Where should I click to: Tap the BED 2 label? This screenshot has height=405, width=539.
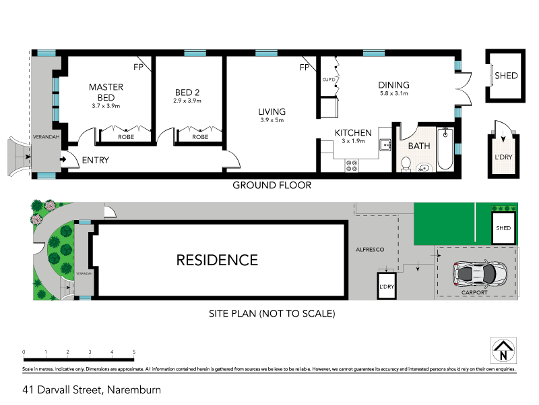(187, 92)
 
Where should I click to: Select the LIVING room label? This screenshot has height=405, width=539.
(272, 112)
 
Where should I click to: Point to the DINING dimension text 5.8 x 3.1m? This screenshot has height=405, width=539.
(394, 93)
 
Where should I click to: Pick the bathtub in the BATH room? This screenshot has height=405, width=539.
(445, 149)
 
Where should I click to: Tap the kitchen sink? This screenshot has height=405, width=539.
(385, 144)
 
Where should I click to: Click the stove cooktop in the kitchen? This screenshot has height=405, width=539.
(352, 165)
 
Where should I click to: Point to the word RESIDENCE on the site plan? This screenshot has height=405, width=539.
(217, 260)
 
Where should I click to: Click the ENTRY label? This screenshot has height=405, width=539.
(95, 161)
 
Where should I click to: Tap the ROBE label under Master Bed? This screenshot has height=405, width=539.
(125, 136)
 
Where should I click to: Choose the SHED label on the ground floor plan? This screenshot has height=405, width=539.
(506, 76)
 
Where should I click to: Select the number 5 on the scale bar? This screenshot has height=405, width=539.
(134, 352)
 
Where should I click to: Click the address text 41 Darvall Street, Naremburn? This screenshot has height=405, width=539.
(91, 389)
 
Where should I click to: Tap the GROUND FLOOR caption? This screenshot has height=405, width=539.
(272, 185)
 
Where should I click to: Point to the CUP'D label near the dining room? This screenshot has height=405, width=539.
(329, 80)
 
